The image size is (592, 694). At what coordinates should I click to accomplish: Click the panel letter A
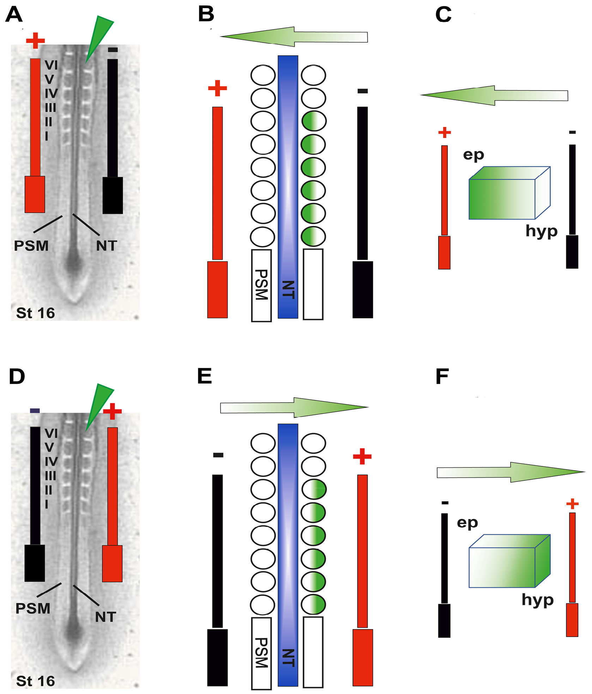[x=14, y=15]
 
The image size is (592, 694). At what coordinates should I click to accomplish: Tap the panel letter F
[x=442, y=376]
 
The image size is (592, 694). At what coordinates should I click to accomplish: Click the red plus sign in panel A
[x=35, y=41]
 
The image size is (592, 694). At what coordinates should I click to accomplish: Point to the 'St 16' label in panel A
[x=35, y=313]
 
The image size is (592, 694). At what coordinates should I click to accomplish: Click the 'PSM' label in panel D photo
[x=33, y=609]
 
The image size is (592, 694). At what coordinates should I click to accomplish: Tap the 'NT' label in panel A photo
[x=107, y=246]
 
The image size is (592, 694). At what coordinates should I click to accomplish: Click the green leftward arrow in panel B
[x=294, y=37]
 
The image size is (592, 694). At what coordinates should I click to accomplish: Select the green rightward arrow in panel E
[x=294, y=407]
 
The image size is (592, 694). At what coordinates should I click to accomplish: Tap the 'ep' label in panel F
[x=467, y=523]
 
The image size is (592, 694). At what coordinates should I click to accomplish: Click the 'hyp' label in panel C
[x=541, y=231]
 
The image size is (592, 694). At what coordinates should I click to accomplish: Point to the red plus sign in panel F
[x=572, y=504]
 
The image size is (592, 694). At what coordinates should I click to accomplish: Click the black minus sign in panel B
[x=363, y=91]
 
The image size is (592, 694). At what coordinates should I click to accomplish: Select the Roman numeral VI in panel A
[x=51, y=65]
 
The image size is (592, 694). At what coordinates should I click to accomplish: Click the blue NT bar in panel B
[x=288, y=187]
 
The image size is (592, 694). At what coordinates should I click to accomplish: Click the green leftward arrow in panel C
[x=494, y=95]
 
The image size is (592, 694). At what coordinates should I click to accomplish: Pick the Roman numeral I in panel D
[x=47, y=504]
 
